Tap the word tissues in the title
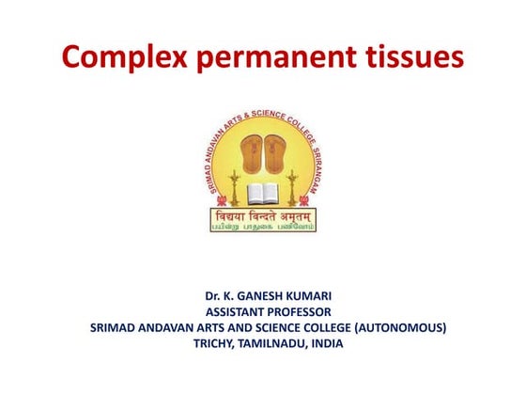pos(409,57)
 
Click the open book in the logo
pos(264,195)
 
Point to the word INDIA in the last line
pos(328,343)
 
